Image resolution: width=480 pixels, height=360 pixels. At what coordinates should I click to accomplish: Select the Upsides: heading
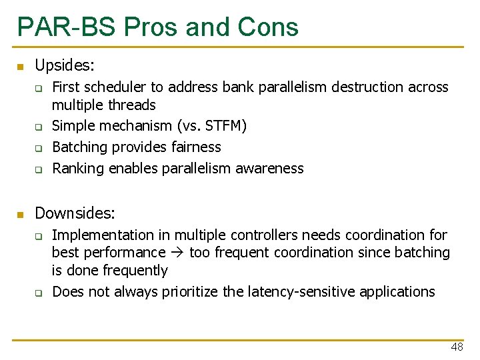tap(65, 65)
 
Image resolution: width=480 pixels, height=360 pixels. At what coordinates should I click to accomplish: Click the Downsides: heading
tap(75, 213)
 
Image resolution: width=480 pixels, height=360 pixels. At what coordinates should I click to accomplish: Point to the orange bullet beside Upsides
tap(21, 67)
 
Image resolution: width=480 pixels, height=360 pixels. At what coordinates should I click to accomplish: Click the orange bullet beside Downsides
tap(21, 215)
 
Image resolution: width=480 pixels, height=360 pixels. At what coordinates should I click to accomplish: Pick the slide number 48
tap(457, 347)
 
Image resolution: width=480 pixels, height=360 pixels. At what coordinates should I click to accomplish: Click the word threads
tap(131, 105)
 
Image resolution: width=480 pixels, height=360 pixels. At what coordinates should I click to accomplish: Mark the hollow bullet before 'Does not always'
tap(39, 293)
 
